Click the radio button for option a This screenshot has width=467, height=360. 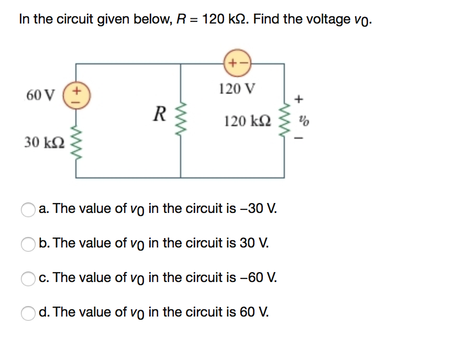[x=28, y=210]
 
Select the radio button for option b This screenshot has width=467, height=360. [x=28, y=244]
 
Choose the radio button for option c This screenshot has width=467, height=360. [x=28, y=279]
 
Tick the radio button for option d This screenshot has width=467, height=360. [x=28, y=313]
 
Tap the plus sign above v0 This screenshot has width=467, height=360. [x=299, y=98]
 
